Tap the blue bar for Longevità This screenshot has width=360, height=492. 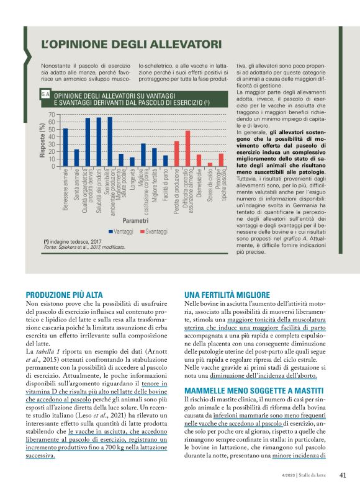tap(132, 162)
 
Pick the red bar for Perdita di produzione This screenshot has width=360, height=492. tap(176, 154)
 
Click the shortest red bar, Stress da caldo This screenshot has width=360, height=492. tap(210, 164)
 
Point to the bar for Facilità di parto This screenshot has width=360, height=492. tap(165, 161)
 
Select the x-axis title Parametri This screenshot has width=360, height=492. tap(135, 220)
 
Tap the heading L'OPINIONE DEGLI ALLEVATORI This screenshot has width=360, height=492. tap(131, 45)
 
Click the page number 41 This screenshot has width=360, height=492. tap(342, 475)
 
